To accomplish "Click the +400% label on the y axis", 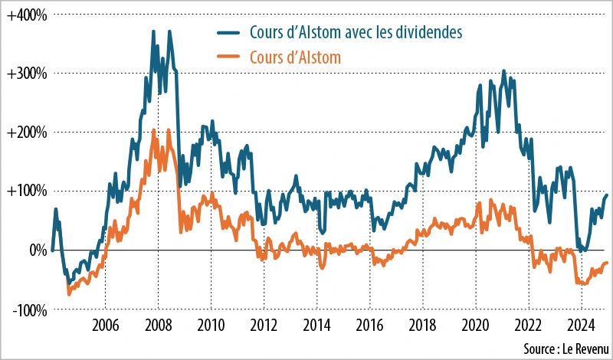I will tap(28, 15).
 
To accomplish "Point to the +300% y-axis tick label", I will tap(28, 74).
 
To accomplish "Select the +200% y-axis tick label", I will tap(28, 133).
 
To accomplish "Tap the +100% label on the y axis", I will tap(28, 191).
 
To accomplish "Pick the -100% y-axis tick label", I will tap(29, 309).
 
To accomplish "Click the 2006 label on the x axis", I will tap(105, 325).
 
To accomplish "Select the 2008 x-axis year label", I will tap(158, 325).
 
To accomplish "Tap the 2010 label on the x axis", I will tap(211, 325).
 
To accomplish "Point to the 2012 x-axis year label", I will tap(264, 325).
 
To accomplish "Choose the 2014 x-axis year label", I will tap(316, 325).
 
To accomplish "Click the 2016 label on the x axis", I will tap(369, 325).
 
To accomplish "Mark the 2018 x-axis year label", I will tap(422, 325).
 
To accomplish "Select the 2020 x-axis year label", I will tap(475, 325).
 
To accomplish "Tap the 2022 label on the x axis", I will tap(528, 325).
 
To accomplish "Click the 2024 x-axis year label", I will tap(581, 325).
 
